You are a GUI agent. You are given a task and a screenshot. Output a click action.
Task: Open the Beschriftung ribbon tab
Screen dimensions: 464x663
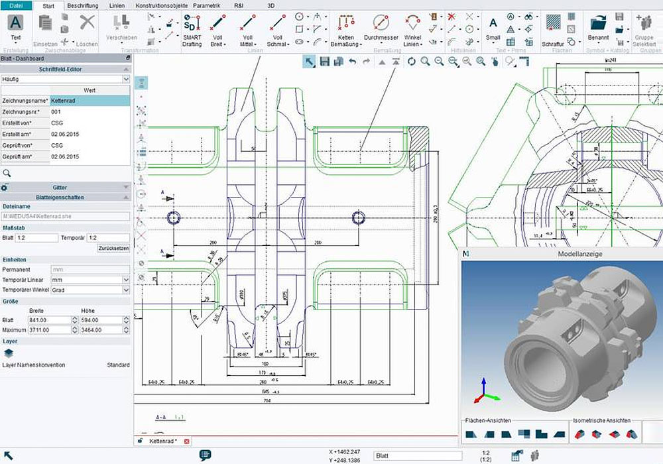83,5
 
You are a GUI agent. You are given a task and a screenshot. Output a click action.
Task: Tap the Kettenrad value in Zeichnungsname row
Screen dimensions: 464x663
90,101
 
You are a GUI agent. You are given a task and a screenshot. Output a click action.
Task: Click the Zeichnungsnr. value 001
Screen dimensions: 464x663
90,112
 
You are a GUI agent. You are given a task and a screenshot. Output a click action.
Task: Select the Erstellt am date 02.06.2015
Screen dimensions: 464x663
90,135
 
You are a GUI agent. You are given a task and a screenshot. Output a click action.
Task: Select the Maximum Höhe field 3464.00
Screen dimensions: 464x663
101,329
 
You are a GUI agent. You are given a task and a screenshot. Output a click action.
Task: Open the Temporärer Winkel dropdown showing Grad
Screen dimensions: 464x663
90,290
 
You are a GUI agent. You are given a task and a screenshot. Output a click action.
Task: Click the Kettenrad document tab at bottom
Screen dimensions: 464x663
162,441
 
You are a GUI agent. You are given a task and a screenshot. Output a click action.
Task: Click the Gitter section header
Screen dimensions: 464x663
60,188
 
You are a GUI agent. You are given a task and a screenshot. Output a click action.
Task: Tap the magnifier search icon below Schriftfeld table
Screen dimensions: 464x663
7,173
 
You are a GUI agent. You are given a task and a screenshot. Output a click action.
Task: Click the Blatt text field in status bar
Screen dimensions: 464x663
417,456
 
